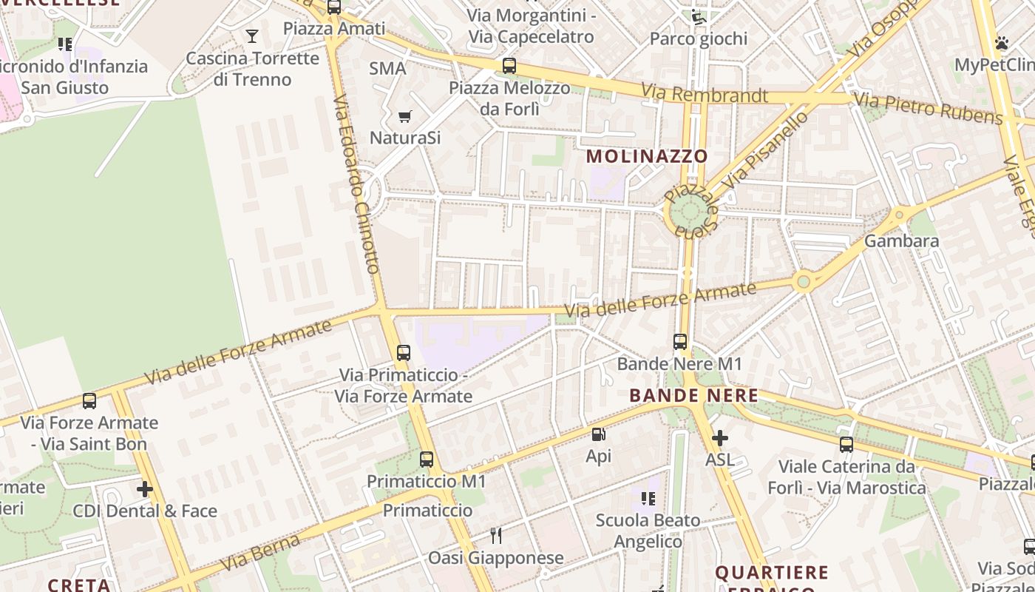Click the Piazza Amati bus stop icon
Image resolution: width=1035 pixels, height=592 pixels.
(x=334, y=7)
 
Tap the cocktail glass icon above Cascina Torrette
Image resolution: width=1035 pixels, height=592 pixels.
(x=252, y=36)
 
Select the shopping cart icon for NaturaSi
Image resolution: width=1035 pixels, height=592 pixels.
(x=404, y=116)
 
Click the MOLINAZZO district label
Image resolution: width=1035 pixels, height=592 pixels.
(x=647, y=156)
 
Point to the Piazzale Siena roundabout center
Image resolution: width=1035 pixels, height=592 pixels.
(x=690, y=212)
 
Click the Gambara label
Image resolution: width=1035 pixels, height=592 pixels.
(x=901, y=240)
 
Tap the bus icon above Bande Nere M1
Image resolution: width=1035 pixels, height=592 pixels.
(x=680, y=342)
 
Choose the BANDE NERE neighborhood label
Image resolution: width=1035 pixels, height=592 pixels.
(x=693, y=395)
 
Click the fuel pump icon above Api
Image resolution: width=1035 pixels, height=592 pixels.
(x=598, y=434)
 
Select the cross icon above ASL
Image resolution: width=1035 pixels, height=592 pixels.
(x=719, y=438)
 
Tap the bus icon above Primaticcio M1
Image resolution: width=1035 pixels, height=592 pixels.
(x=427, y=460)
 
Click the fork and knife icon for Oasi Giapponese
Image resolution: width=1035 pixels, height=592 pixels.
(x=496, y=535)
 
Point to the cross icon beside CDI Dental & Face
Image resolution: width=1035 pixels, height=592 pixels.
(x=145, y=489)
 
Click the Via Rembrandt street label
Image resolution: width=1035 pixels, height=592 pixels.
(x=705, y=94)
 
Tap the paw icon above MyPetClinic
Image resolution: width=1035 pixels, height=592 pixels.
(x=1002, y=43)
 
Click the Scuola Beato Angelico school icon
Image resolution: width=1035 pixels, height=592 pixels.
(x=648, y=498)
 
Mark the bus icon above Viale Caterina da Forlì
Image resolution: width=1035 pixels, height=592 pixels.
(x=846, y=445)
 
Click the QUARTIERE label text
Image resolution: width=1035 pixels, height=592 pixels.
(x=772, y=572)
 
